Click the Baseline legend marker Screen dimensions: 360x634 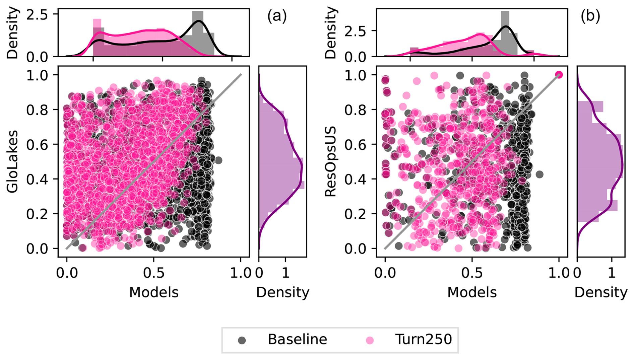pyautogui.click(x=242, y=340)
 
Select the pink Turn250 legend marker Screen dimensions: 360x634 pyautogui.click(x=370, y=340)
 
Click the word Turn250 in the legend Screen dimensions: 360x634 pyautogui.click(x=424, y=340)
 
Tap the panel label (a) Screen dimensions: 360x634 pyautogui.click(x=277, y=16)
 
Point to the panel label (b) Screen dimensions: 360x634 pyautogui.click(x=590, y=16)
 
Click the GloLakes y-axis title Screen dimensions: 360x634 pyautogui.click(x=13, y=161)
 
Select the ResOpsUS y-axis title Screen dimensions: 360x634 pyautogui.click(x=331, y=161)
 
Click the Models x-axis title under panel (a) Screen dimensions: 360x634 pyautogui.click(x=154, y=292)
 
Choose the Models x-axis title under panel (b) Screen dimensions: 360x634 pyautogui.click(x=472, y=292)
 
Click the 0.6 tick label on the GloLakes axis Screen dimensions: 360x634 pyautogui.click(x=37, y=144)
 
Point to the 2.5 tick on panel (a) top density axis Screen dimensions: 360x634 pyautogui.click(x=37, y=15)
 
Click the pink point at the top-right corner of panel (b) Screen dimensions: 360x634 pyautogui.click(x=559, y=75)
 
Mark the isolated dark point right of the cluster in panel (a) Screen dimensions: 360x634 pyautogui.click(x=218, y=160)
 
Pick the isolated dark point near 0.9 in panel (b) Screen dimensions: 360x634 pyautogui.click(x=539, y=174)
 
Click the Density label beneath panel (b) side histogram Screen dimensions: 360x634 pyautogui.click(x=601, y=292)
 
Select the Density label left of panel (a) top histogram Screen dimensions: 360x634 pyautogui.click(x=13, y=33)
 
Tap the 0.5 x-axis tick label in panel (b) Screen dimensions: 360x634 pyautogui.click(x=472, y=273)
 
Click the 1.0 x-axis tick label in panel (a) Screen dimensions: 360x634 pyautogui.click(x=241, y=273)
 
